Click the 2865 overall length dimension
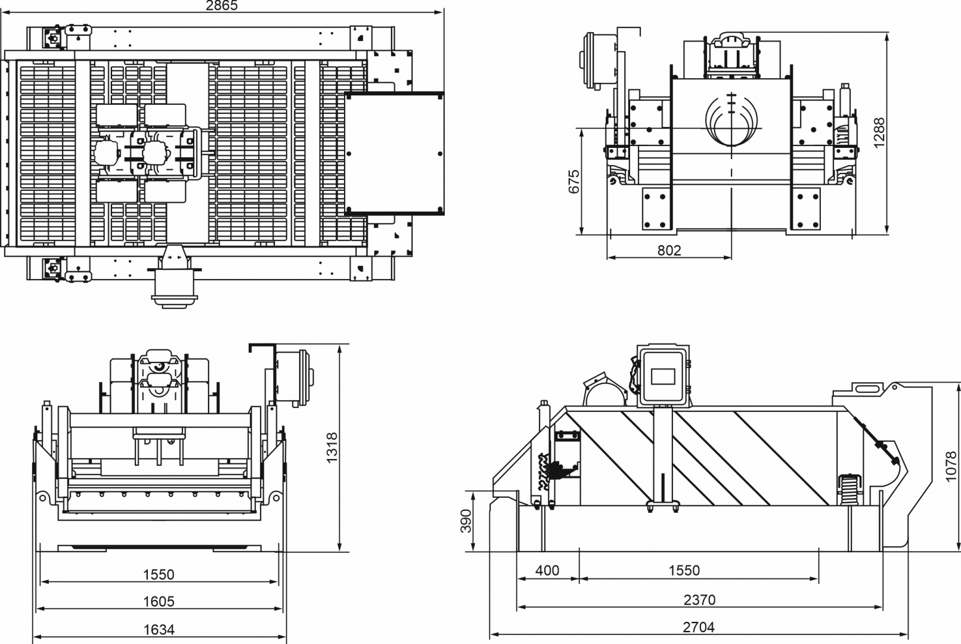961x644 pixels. click(221, 5)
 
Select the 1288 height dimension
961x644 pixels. click(879, 132)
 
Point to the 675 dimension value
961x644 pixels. click(573, 181)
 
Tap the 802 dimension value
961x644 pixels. click(669, 250)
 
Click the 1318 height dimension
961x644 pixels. click(332, 447)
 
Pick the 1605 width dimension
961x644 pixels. click(159, 602)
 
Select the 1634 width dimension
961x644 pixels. click(159, 630)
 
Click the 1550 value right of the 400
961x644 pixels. click(684, 571)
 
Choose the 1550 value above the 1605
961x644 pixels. click(159, 574)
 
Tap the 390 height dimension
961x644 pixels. click(466, 521)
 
